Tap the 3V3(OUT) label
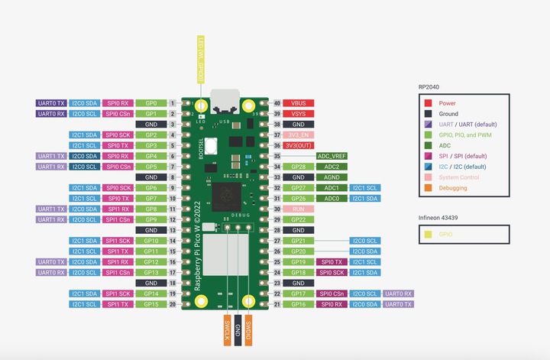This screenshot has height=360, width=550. (298, 145)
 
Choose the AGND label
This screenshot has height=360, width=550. (332, 177)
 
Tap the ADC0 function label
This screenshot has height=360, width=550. (332, 198)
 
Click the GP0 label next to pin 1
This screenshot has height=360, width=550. (151, 102)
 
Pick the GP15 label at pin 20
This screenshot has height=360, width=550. (151, 303)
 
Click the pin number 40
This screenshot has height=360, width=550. (277, 102)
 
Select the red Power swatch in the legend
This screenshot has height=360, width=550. (429, 102)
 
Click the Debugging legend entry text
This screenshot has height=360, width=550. (454, 187)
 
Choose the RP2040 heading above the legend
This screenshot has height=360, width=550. (429, 86)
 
